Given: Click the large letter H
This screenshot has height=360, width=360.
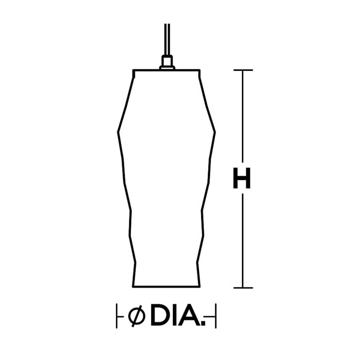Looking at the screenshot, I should pos(242,178).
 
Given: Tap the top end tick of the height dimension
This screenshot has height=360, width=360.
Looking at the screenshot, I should pos(242,70).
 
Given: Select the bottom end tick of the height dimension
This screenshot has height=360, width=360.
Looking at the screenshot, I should pos(242,287).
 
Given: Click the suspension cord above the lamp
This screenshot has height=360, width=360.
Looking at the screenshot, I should pos(167,40).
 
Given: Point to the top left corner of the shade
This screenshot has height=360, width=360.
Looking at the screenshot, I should pos(134,71).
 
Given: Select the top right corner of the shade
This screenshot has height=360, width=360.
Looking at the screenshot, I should pos(199,71).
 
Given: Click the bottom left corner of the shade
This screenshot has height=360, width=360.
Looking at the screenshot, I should pos(133,286).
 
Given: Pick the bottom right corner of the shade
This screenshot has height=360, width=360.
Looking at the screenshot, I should pos(199,286).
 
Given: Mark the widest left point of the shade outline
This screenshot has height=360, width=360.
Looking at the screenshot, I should pos(118,131).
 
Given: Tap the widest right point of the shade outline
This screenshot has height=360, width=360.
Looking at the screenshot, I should pos(215,131).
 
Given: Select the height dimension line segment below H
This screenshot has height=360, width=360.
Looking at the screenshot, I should pos(242,240).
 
